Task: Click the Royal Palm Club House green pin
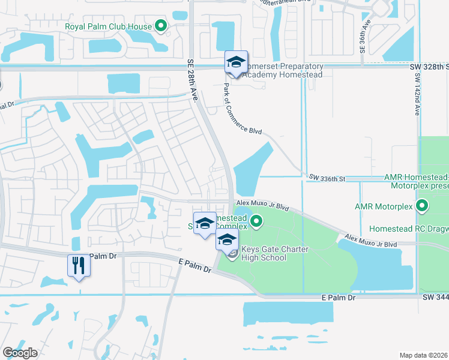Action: click(x=160, y=26)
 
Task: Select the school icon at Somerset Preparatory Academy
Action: click(x=236, y=62)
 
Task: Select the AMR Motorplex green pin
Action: click(x=422, y=207)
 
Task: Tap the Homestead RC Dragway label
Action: click(x=408, y=229)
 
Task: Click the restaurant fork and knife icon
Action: click(x=78, y=265)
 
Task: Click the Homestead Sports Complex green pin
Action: click(x=257, y=222)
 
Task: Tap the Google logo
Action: click(x=20, y=353)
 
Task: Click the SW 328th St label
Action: click(x=431, y=67)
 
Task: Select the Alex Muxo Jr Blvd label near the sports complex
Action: click(x=262, y=206)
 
